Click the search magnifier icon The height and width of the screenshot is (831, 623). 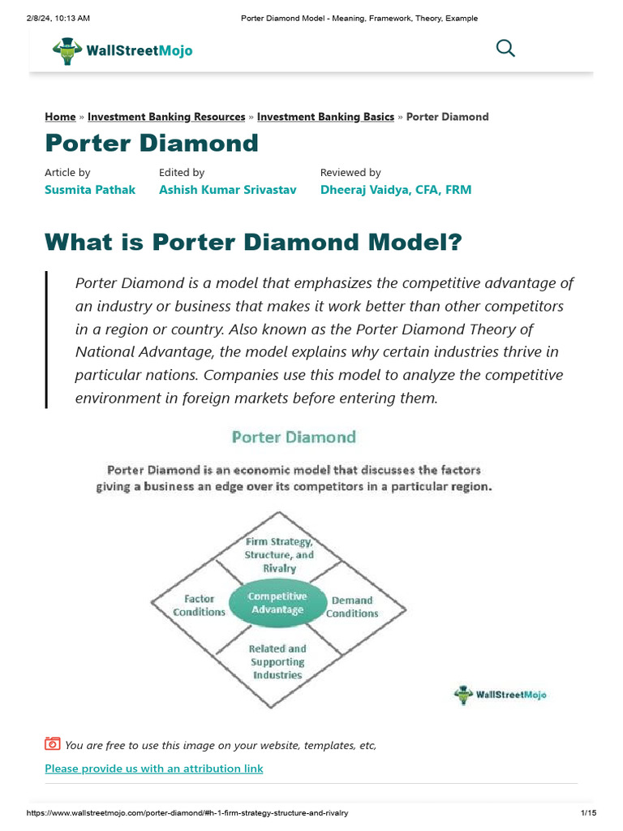(505, 49)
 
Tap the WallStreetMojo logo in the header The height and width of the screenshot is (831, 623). (123, 50)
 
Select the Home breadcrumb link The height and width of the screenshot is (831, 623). (60, 117)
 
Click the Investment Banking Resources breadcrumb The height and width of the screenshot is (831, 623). (166, 117)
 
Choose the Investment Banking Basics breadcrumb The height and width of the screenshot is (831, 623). (325, 117)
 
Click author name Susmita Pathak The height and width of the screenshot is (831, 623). (90, 190)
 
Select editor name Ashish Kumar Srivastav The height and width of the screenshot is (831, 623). (227, 190)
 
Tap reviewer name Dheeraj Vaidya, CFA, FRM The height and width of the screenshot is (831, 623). (395, 190)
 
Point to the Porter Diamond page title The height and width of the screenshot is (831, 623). (152, 144)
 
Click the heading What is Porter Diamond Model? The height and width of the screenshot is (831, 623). (253, 242)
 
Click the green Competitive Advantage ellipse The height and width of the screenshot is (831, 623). (277, 603)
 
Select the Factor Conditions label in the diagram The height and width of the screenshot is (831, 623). (199, 605)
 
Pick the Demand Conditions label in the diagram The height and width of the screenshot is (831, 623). (352, 607)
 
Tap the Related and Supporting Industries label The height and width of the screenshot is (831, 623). (277, 661)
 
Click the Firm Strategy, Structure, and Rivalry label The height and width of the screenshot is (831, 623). (279, 555)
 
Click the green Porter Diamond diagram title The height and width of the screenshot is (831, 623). (294, 437)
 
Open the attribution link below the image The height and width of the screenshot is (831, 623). (154, 769)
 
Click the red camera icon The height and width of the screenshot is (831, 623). (53, 743)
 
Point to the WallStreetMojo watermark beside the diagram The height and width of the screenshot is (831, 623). (500, 695)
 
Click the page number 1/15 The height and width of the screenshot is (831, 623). (588, 813)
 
